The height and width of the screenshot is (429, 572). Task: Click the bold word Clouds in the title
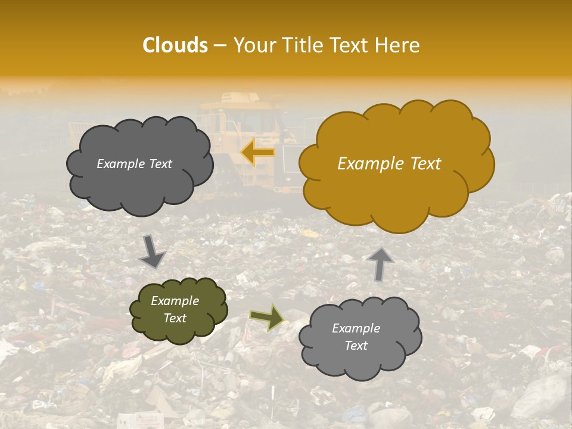pyautogui.click(x=175, y=45)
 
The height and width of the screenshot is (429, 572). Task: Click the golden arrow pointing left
pyautogui.click(x=258, y=153)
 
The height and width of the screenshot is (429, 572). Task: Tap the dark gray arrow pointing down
pyautogui.click(x=152, y=251)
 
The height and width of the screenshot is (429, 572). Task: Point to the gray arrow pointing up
pyautogui.click(x=380, y=263)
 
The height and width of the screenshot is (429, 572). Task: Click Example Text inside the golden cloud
pyautogui.click(x=389, y=164)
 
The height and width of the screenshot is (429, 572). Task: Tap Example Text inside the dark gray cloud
pyautogui.click(x=134, y=164)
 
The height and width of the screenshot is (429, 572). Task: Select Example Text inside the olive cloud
pyautogui.click(x=175, y=309)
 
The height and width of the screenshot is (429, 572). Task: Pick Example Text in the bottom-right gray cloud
pyautogui.click(x=356, y=337)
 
